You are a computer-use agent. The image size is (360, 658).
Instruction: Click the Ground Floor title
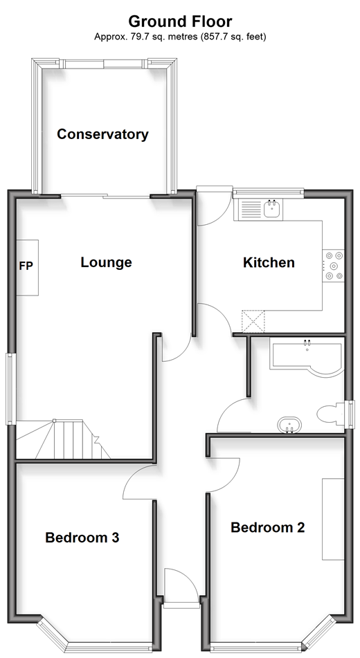[x=180, y=21]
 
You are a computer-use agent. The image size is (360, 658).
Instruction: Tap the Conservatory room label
[x=103, y=134]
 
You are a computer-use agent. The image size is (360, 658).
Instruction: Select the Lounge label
[x=107, y=262]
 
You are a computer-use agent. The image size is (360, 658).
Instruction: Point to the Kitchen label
[x=269, y=263]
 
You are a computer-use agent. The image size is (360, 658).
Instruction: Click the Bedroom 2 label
[x=268, y=527]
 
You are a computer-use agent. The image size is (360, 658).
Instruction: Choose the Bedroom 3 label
[x=82, y=538]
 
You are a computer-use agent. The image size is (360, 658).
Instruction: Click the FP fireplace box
[x=27, y=267]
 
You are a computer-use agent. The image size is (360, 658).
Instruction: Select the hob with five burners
[x=334, y=266]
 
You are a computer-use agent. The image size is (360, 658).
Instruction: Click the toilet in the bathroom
[x=332, y=414]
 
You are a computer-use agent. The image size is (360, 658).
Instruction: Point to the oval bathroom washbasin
[x=289, y=425]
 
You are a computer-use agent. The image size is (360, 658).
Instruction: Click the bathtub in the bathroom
[x=307, y=358]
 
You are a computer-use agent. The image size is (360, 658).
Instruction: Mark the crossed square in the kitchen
[x=253, y=322]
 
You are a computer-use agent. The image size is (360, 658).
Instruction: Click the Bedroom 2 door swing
[x=224, y=475]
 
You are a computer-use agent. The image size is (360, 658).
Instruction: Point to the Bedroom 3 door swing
[x=138, y=482]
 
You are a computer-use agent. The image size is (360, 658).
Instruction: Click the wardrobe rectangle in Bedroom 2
[x=333, y=519]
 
